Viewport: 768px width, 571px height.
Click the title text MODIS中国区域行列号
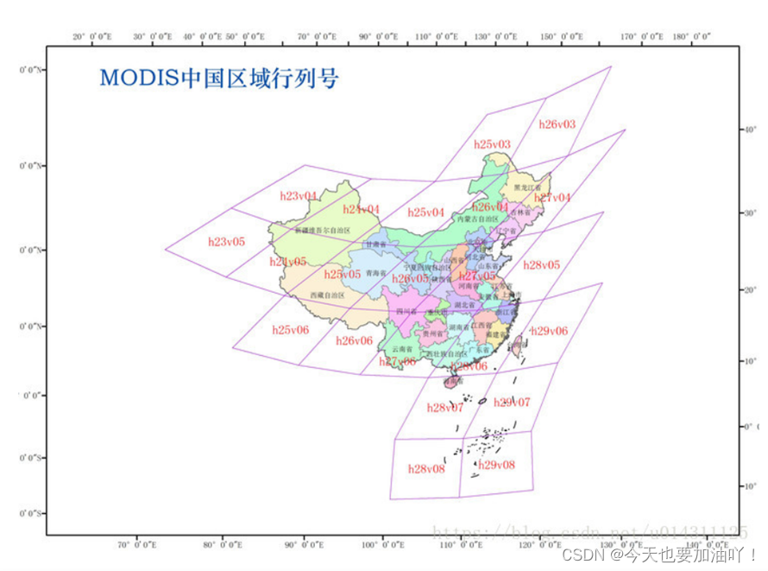[x=218, y=79]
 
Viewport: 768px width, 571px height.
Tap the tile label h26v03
[x=557, y=124]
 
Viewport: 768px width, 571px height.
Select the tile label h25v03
[x=492, y=143]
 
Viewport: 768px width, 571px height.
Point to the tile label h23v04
[x=299, y=196]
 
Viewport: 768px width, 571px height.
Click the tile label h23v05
[x=226, y=242]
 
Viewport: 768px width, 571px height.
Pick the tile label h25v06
[x=290, y=330]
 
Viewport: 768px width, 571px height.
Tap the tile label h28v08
[x=426, y=468]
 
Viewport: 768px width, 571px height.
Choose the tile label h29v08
[x=496, y=465]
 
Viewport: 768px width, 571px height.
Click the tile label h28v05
[x=541, y=265]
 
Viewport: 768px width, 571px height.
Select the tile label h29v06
[x=549, y=331]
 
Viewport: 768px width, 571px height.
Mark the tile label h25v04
[x=426, y=212]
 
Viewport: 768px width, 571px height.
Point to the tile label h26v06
[x=354, y=340]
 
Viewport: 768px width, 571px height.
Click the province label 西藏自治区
[x=327, y=295]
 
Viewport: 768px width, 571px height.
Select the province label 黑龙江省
[x=526, y=187]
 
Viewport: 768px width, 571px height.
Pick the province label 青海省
[x=375, y=273]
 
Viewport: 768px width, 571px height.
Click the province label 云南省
[x=402, y=349]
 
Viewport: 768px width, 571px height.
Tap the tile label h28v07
[x=445, y=408]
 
